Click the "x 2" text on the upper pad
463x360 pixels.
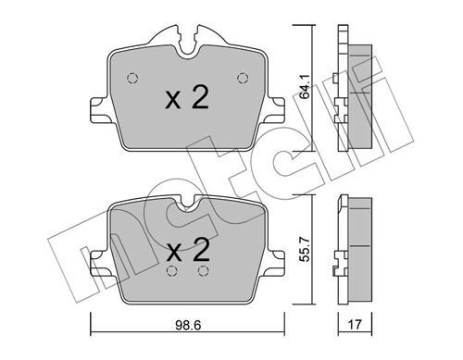pos(185,100)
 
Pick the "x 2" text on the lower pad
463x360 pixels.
pos(185,249)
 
